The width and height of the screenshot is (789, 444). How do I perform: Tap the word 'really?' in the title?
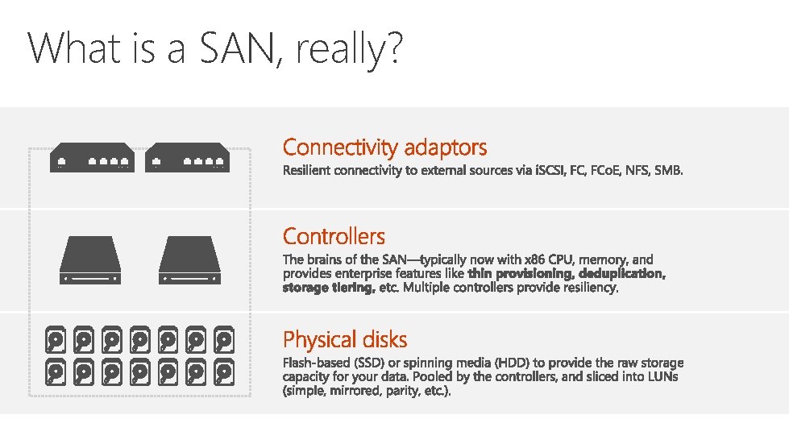point(347,51)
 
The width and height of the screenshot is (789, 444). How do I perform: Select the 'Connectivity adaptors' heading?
point(384,147)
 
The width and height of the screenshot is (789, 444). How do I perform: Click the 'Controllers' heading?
point(334,236)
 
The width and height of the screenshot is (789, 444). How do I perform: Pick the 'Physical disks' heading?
point(345,339)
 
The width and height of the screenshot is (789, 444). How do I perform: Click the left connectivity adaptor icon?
point(91,157)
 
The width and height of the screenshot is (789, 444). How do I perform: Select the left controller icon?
point(90,259)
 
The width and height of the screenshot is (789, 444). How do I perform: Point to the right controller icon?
point(189,259)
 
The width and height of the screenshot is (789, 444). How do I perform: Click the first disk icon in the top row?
point(54,340)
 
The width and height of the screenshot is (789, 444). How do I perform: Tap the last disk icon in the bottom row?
point(223,372)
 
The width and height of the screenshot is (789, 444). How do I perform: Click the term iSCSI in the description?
point(550,171)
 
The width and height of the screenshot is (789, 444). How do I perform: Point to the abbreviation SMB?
point(669,171)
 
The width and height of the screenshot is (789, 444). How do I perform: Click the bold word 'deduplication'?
point(622,274)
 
